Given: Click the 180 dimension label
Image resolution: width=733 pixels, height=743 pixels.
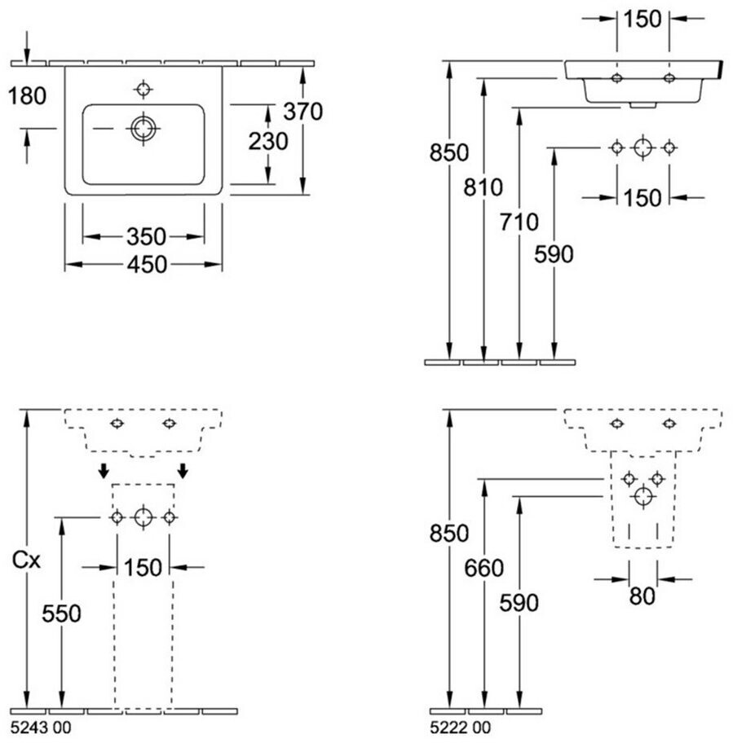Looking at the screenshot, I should [27, 96].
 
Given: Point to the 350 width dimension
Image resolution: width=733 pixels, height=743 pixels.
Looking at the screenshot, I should [146, 237].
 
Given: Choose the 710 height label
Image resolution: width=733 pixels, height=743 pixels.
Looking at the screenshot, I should [519, 222].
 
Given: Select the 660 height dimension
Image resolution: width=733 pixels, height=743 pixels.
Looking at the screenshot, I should [485, 569].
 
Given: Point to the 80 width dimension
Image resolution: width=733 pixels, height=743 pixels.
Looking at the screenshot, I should [642, 596].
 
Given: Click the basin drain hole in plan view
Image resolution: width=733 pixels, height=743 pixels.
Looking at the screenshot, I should [144, 128].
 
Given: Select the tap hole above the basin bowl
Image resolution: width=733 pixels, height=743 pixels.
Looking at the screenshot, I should [144, 88].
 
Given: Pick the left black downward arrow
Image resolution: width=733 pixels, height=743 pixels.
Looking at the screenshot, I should [104, 470].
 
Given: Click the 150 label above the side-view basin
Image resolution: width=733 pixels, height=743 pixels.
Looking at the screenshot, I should [643, 20].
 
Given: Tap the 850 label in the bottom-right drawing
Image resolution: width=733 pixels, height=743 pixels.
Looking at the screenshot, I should [450, 534].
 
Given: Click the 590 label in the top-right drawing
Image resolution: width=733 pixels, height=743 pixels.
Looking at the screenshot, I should [554, 254].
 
